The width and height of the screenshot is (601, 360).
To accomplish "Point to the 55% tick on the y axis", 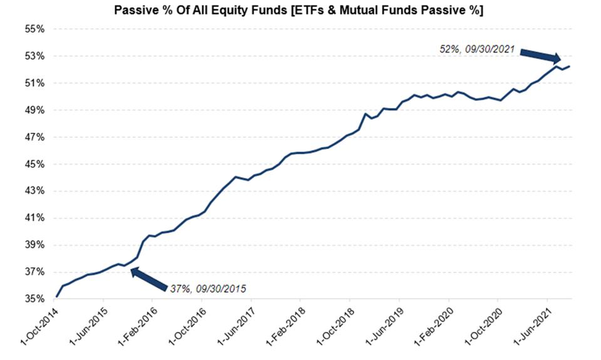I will point(35,29).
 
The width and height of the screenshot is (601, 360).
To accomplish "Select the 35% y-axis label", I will point(35,299).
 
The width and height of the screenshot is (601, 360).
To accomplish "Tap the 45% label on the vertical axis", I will point(35,164).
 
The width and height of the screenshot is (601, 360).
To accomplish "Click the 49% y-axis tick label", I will point(35,110).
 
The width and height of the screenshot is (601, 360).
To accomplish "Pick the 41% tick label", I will point(35,218).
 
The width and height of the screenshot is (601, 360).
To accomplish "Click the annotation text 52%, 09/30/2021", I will point(477,48).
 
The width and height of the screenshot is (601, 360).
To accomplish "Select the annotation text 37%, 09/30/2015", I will point(208,289).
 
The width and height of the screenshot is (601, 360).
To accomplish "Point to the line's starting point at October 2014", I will point(56,297).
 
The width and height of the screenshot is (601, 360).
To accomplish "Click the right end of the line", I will point(569,66).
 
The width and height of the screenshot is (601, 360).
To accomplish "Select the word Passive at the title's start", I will point(132,11).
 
